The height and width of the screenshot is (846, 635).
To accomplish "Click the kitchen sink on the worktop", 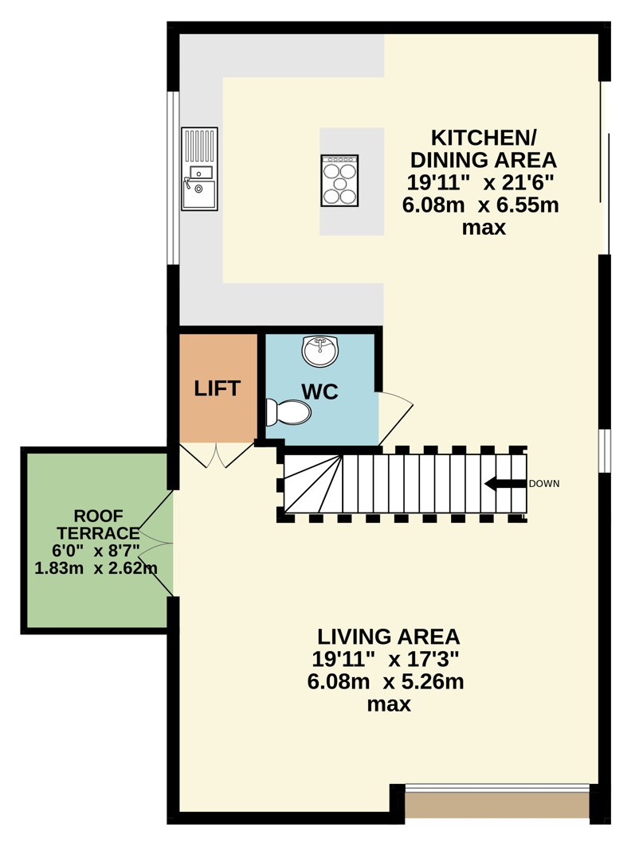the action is pyautogui.click(x=199, y=169).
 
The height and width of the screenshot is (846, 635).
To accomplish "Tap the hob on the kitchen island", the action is pyautogui.click(x=339, y=181).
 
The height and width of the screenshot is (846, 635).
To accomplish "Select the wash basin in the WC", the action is pyautogui.click(x=320, y=351).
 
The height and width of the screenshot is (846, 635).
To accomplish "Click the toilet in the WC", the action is pyautogui.click(x=288, y=413).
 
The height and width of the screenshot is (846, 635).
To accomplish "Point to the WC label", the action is pyautogui.click(x=320, y=392).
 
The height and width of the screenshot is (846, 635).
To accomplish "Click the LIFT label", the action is pyautogui.click(x=217, y=388).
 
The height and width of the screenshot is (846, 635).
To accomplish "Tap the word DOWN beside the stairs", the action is pyautogui.click(x=544, y=483).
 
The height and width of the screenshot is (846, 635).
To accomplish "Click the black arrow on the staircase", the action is pyautogui.click(x=505, y=483).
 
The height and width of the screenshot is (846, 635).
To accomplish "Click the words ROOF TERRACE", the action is pyautogui.click(x=98, y=524).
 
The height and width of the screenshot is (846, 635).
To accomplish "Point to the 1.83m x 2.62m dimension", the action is pyautogui.click(x=96, y=567).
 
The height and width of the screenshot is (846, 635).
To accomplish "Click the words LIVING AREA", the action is pyautogui.click(x=388, y=637).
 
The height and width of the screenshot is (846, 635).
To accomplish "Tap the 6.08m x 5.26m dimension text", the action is pyautogui.click(x=386, y=681).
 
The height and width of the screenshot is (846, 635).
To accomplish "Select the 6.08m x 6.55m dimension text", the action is pyautogui.click(x=480, y=205).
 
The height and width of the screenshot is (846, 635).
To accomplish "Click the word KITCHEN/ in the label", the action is pyautogui.click(x=484, y=138).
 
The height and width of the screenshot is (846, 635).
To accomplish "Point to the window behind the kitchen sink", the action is pyautogui.click(x=173, y=178).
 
